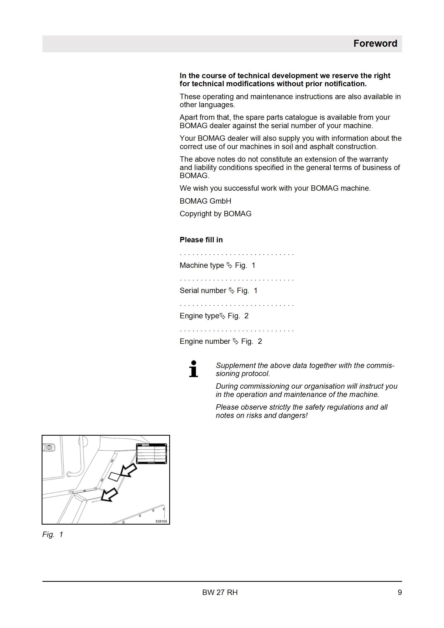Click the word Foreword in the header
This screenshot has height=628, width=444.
[375, 44]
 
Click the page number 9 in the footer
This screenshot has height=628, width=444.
[400, 592]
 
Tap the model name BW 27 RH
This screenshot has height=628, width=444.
[220, 592]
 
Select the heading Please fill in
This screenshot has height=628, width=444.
[201, 240]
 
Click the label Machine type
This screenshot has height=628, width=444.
[202, 265]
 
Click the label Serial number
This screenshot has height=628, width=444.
[203, 290]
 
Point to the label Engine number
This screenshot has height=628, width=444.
[205, 341]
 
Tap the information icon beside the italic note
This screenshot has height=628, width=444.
[193, 369]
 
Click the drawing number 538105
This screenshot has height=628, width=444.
[161, 521]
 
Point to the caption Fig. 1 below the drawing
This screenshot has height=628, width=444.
[53, 535]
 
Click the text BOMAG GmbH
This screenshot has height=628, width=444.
[205, 201]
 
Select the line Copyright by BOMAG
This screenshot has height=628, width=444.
[216, 214]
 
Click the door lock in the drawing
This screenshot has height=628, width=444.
[49, 448]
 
